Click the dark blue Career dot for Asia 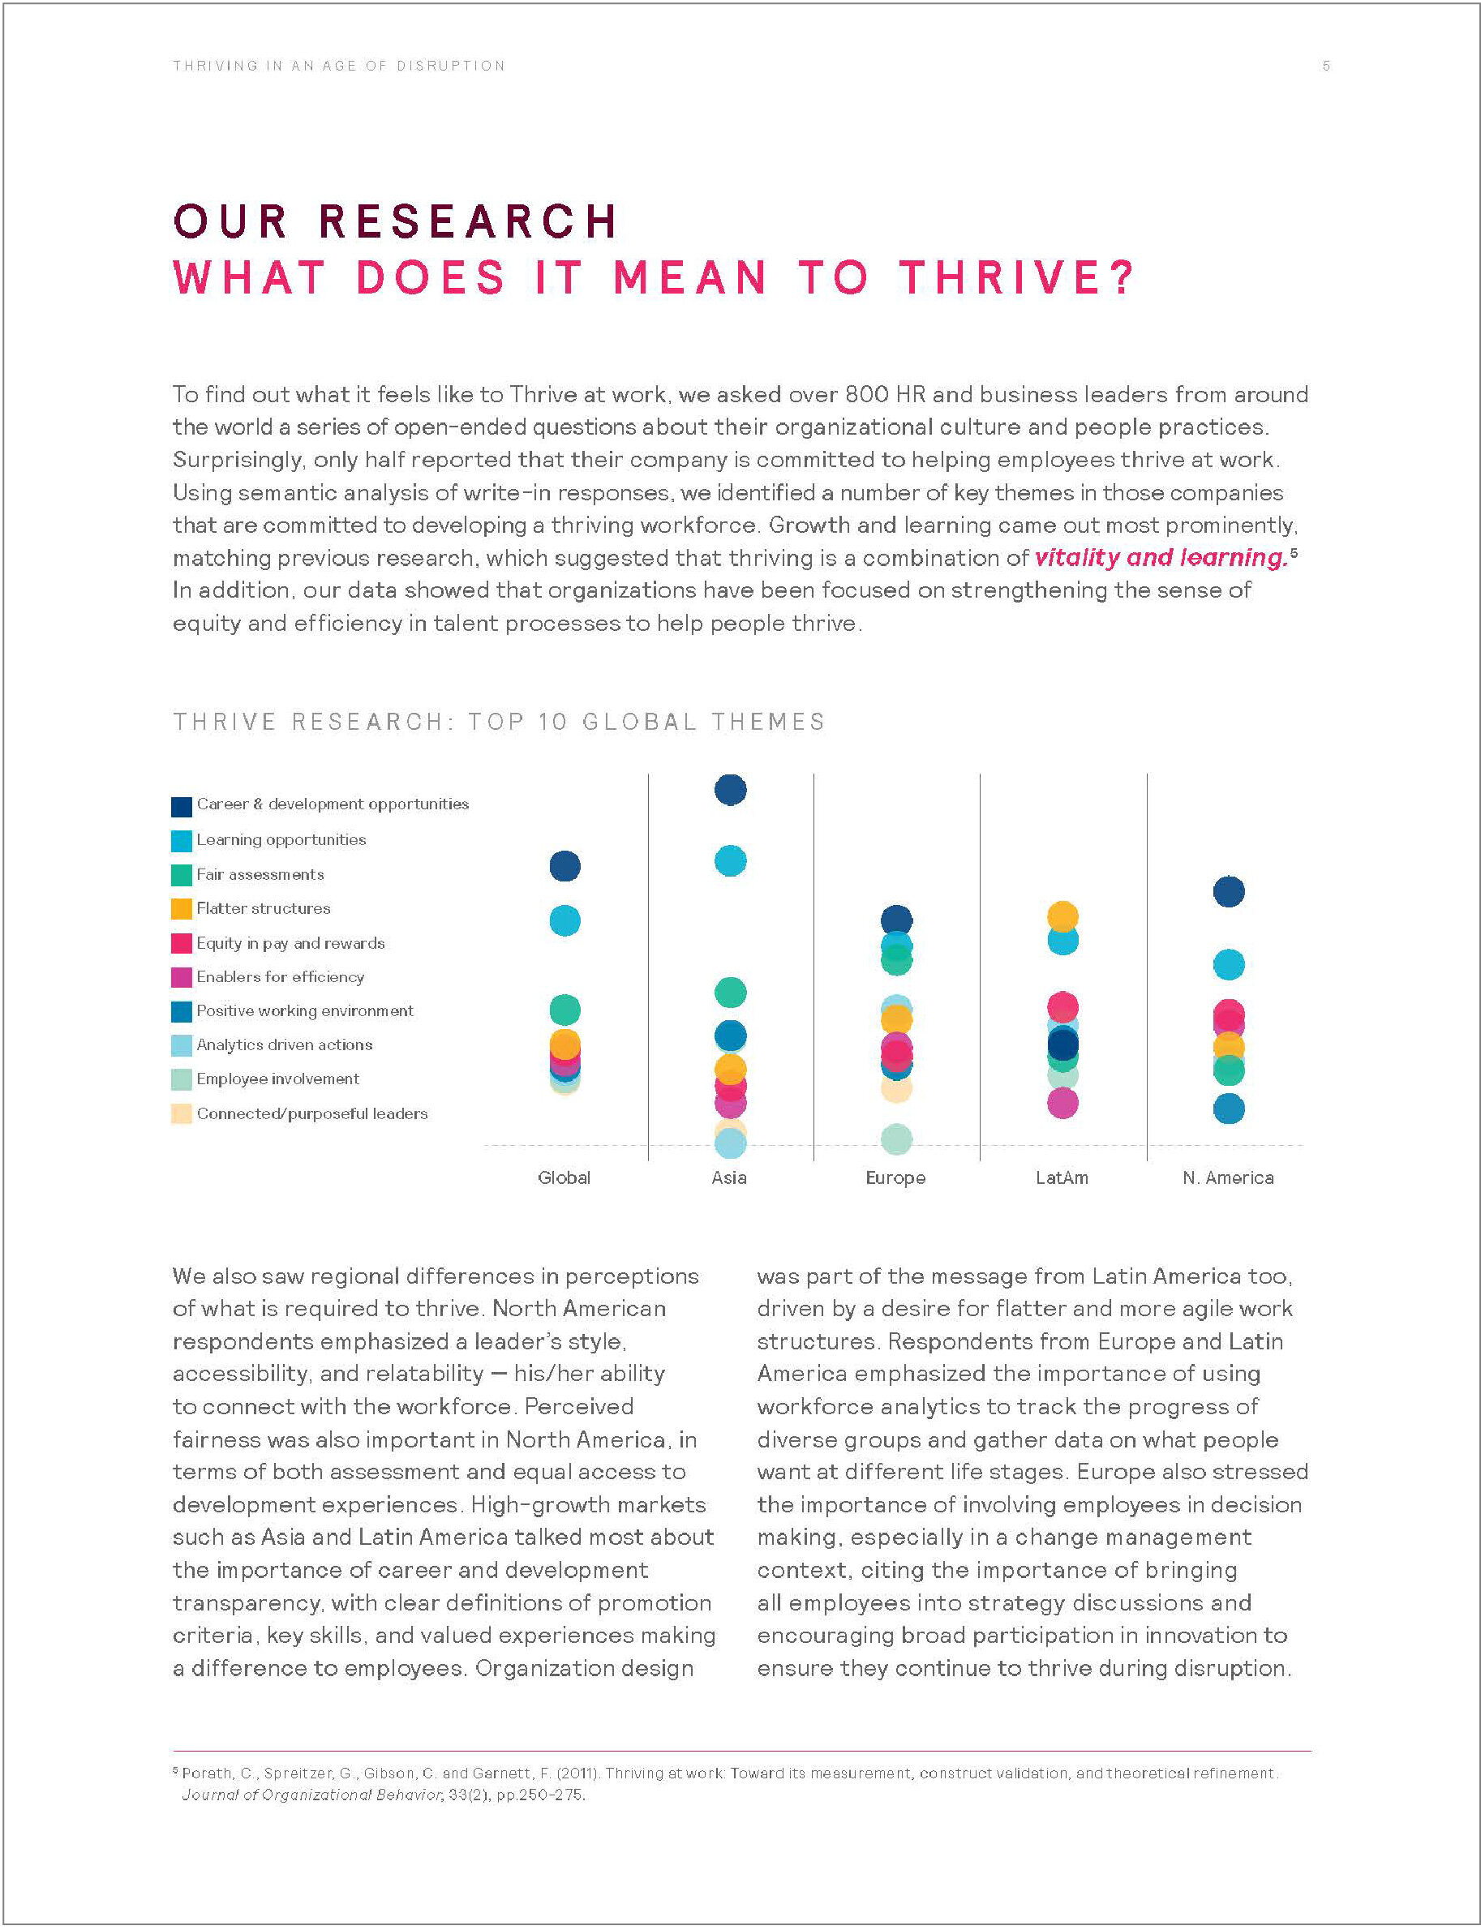click(x=730, y=790)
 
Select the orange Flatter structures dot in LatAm click(x=1062, y=916)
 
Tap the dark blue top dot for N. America click(x=1228, y=891)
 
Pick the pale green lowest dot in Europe click(x=895, y=1139)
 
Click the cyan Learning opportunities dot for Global click(x=564, y=921)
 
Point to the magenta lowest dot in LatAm click(x=1062, y=1103)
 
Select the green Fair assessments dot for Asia click(x=730, y=993)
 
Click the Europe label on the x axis click(x=895, y=1178)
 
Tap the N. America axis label click(x=1227, y=1178)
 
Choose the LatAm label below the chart click(x=1062, y=1178)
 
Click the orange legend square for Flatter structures click(x=182, y=908)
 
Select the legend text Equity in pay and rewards click(x=290, y=943)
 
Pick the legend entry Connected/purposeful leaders click(x=311, y=1114)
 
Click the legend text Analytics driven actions click(x=284, y=1045)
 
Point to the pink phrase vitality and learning click(x=1160, y=558)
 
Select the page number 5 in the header click(x=1325, y=66)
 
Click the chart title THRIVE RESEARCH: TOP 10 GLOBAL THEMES click(x=498, y=722)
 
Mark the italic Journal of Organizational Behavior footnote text click(x=311, y=1795)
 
